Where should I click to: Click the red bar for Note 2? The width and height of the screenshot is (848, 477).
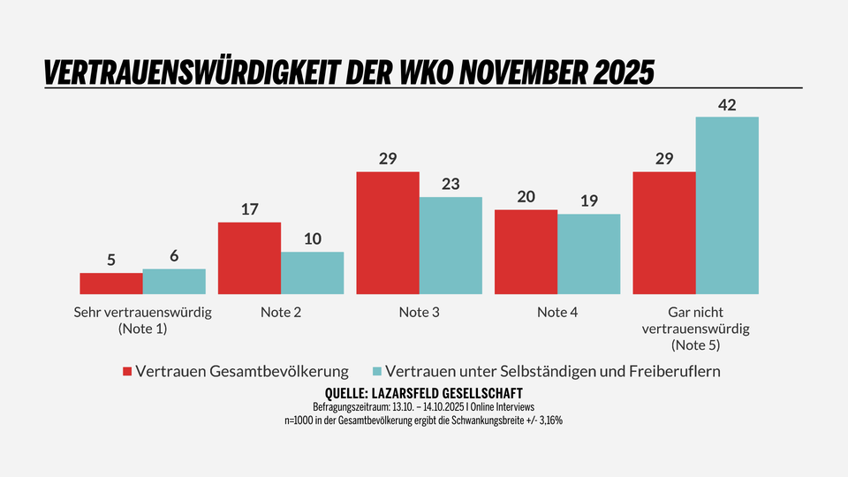pyautogui.click(x=249, y=258)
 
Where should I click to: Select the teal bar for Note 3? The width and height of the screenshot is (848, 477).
pyautogui.click(x=450, y=246)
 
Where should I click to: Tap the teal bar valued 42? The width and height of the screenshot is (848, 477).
pyautogui.click(x=727, y=205)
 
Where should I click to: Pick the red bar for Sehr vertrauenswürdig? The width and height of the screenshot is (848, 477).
pyautogui.click(x=111, y=284)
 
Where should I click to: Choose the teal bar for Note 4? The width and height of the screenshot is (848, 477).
pyautogui.click(x=588, y=254)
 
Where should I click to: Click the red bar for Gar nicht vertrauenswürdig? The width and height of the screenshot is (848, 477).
pyautogui.click(x=664, y=232)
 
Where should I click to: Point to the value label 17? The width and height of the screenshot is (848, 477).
pyautogui.click(x=249, y=210)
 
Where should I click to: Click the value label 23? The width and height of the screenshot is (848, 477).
pyautogui.click(x=450, y=185)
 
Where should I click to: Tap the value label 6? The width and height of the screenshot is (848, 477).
pyautogui.click(x=174, y=256)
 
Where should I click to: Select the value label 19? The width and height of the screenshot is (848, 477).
pyautogui.click(x=588, y=201)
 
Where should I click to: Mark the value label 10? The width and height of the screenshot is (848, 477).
pyautogui.click(x=313, y=240)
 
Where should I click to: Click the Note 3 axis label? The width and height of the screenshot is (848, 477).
pyautogui.click(x=419, y=312)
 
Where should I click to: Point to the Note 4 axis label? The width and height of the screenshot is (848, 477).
pyautogui.click(x=557, y=312)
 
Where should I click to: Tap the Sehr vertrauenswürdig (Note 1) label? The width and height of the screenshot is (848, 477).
pyautogui.click(x=142, y=320)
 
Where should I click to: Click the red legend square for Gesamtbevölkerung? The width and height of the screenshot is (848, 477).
pyautogui.click(x=127, y=372)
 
